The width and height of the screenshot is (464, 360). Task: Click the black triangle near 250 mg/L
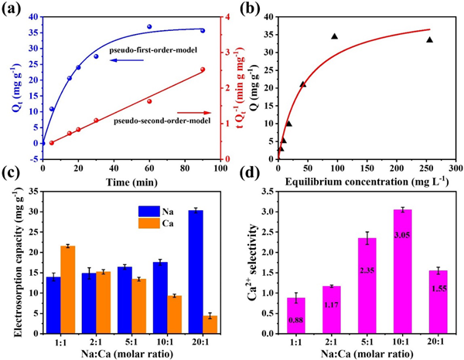coord(430,39)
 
